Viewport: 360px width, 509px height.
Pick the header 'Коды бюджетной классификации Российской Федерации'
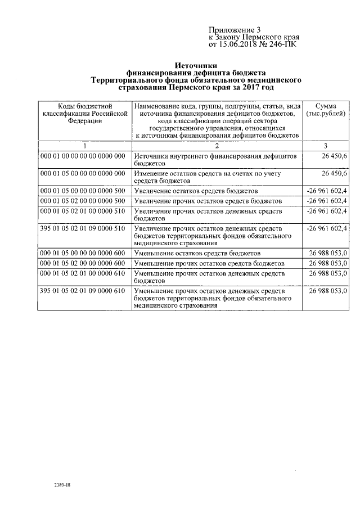pos(85,112)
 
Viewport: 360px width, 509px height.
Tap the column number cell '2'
pos(217,145)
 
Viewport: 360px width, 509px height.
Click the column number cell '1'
pos(85,145)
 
